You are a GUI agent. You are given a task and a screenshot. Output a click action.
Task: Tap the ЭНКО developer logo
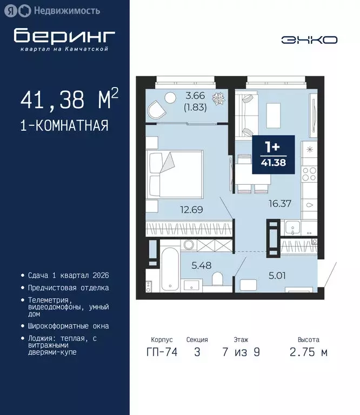(309, 39)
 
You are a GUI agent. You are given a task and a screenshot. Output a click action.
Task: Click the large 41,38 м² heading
(69, 99)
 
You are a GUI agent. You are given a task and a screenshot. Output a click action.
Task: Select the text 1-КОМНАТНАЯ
(64, 126)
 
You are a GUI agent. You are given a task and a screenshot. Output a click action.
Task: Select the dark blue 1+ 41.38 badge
(274, 155)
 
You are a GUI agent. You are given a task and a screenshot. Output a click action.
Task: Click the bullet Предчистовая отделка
(68, 288)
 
